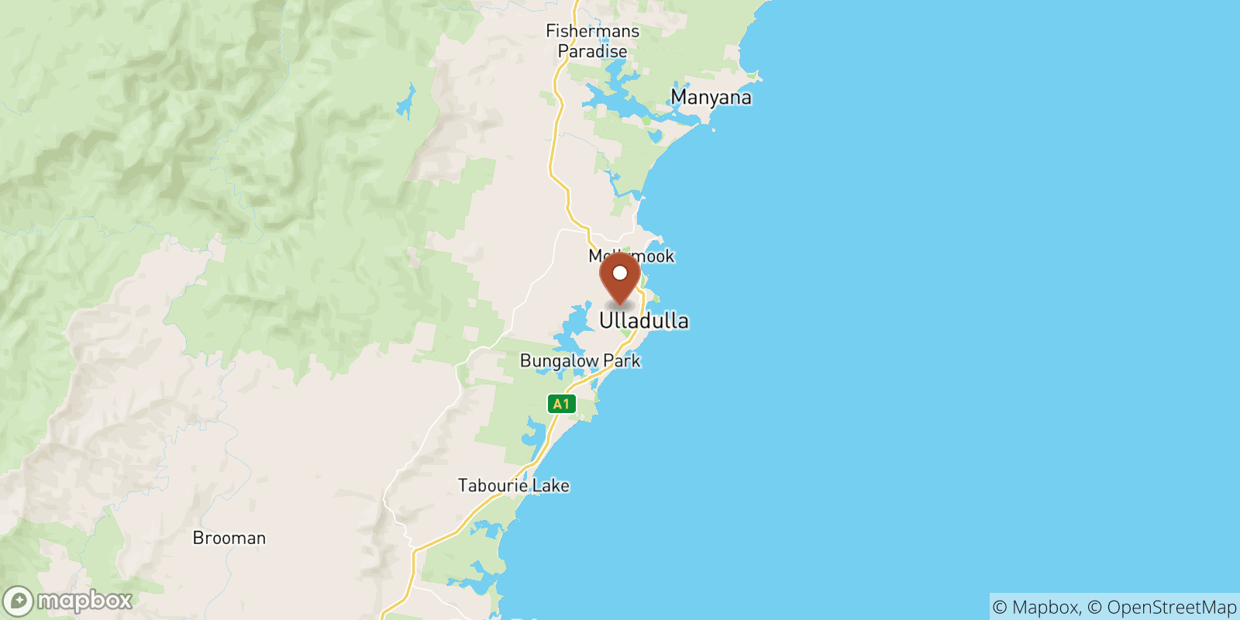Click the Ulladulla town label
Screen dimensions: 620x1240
pyautogui.click(x=643, y=321)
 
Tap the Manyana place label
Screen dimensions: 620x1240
pyautogui.click(x=711, y=98)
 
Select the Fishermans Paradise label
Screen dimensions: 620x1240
pyautogui.click(x=593, y=41)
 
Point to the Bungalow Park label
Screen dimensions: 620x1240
pyautogui.click(x=580, y=361)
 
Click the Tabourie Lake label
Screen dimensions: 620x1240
pyautogui.click(x=513, y=486)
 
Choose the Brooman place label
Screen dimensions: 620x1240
pyautogui.click(x=229, y=538)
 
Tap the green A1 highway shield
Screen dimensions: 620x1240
pyautogui.click(x=561, y=404)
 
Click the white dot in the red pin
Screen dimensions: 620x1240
pyautogui.click(x=620, y=273)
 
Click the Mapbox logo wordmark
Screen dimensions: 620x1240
pyautogui.click(x=84, y=601)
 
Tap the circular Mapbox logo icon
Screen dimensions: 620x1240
pyautogui.click(x=18, y=601)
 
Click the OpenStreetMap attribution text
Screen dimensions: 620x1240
pyautogui.click(x=1171, y=608)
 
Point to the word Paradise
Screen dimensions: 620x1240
pyautogui.click(x=593, y=52)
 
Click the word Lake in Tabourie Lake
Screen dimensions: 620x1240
pyautogui.click(x=550, y=486)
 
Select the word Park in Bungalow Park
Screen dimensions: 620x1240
pyautogui.click(x=622, y=361)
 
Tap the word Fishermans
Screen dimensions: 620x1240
pyautogui.click(x=593, y=31)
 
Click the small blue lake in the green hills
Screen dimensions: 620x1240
pyautogui.click(x=405, y=102)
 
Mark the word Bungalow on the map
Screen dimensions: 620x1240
pyautogui.click(x=559, y=361)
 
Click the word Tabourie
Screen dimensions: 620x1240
pyautogui.click(x=493, y=486)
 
